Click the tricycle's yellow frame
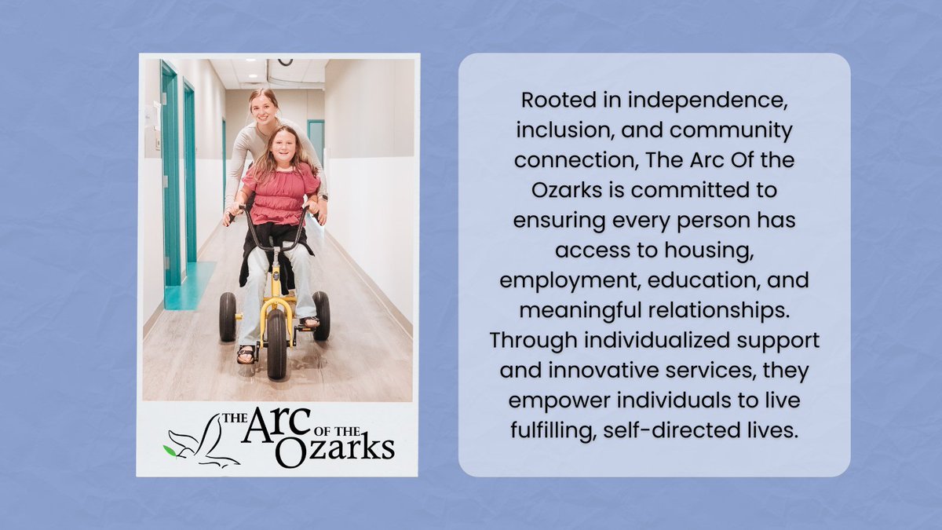click(276, 291)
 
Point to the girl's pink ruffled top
click(279, 194)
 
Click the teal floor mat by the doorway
click(188, 287)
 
